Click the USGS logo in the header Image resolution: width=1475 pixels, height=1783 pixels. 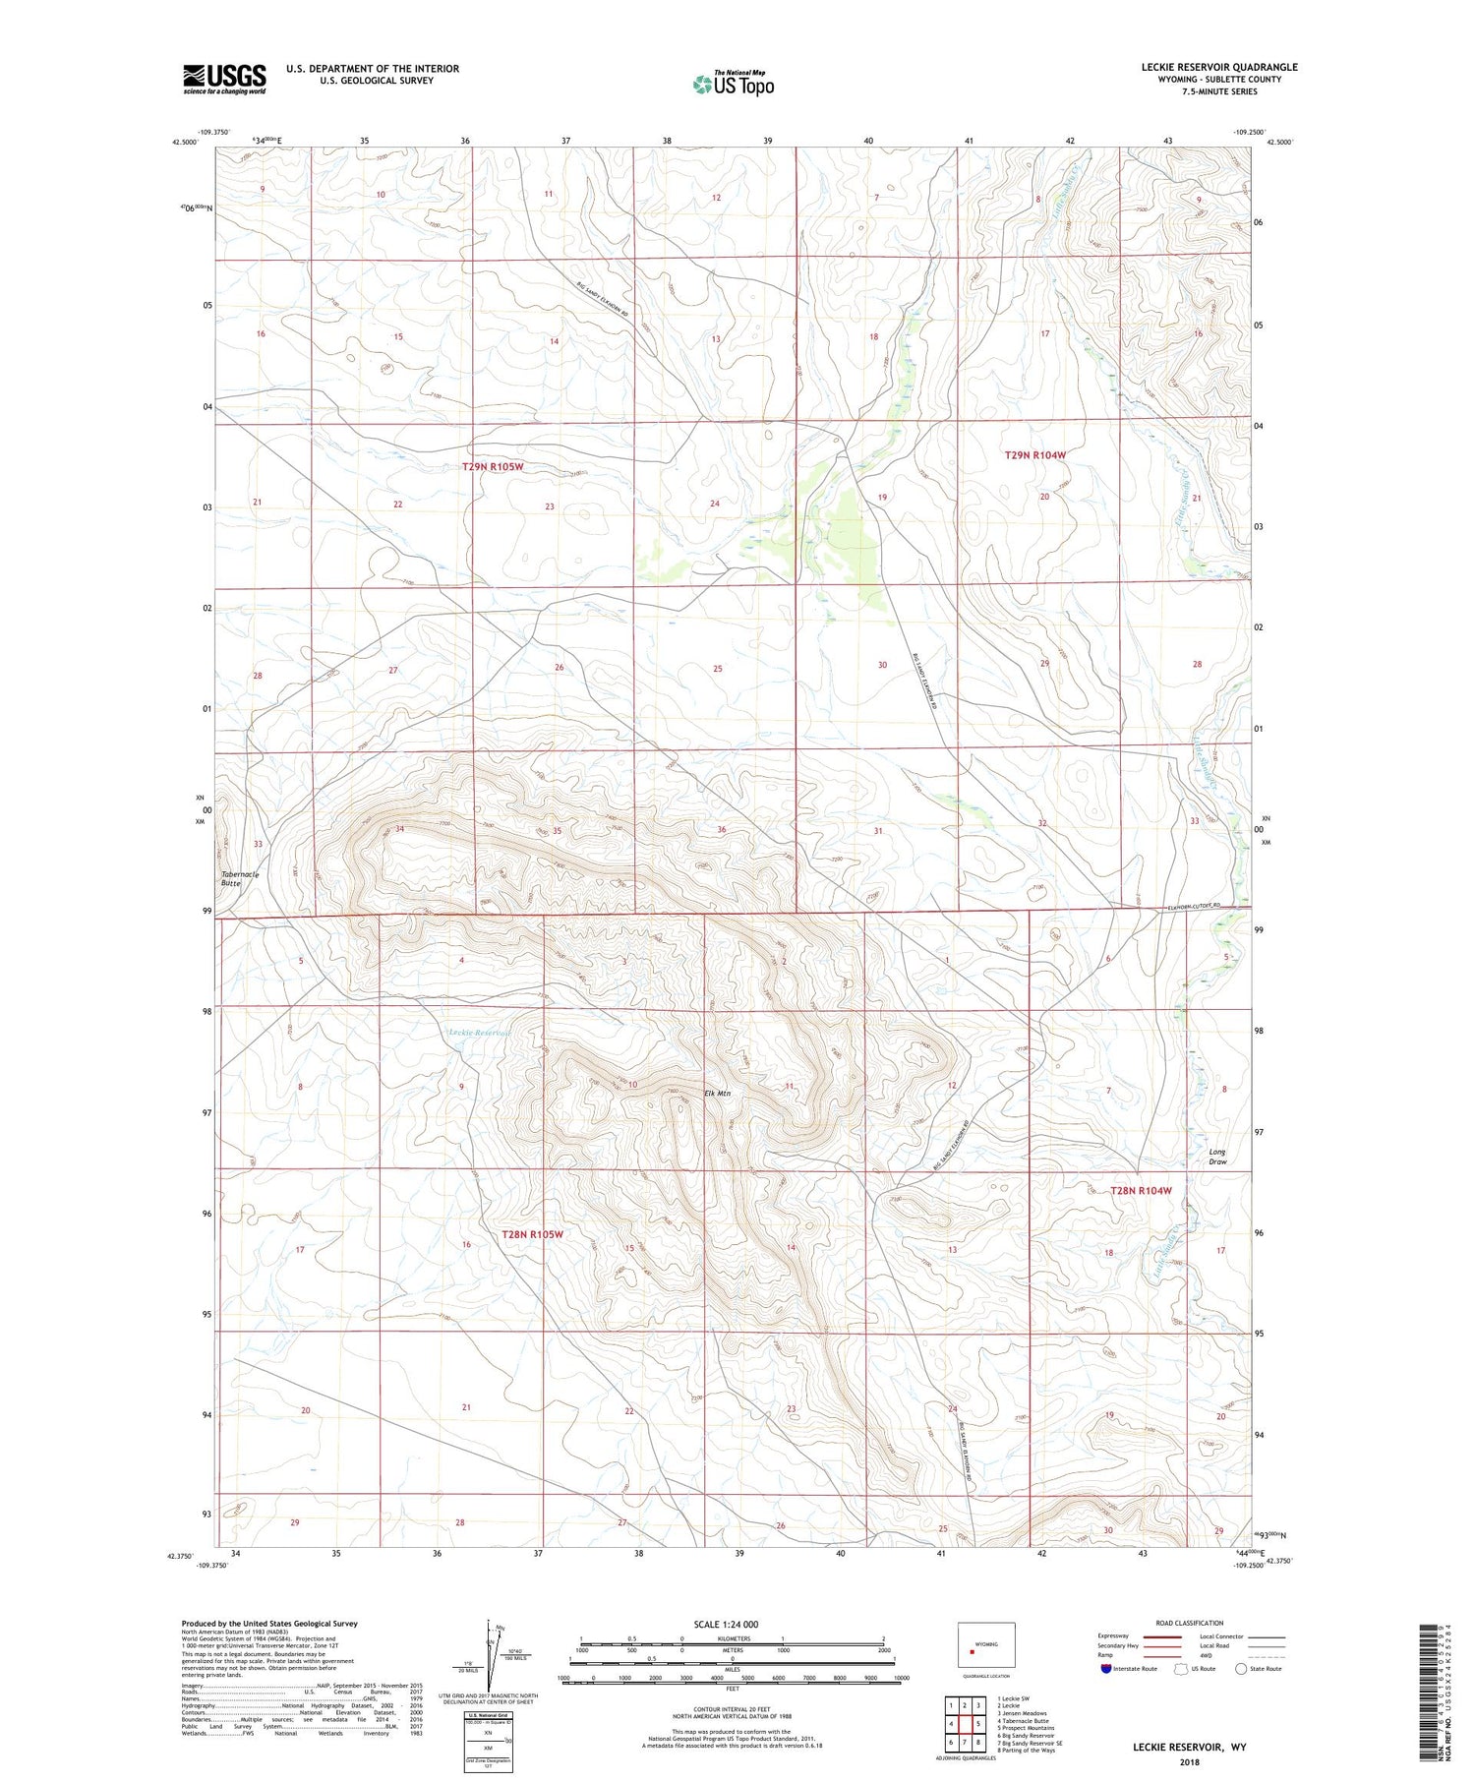pyautogui.click(x=224, y=79)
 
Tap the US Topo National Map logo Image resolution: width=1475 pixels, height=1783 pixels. pyautogui.click(x=733, y=84)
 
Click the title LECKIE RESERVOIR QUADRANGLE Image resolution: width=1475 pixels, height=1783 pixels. pyautogui.click(x=1218, y=67)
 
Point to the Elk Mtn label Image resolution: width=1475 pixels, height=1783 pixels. pyautogui.click(x=718, y=1093)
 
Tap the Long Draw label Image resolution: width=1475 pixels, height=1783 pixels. pyautogui.click(x=1217, y=1157)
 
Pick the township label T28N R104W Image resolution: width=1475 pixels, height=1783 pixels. pyautogui.click(x=1141, y=1191)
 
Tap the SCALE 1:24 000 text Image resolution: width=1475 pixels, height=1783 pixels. pyautogui.click(x=726, y=1624)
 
